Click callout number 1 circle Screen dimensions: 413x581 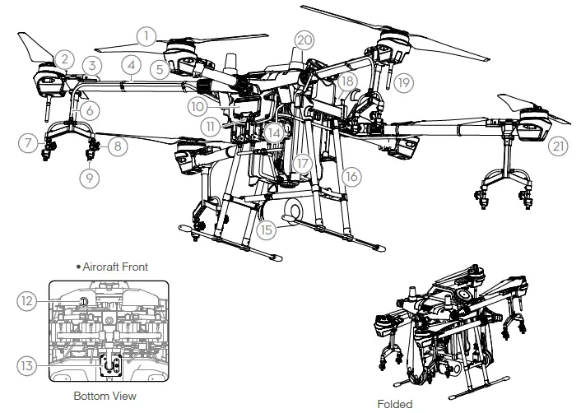pos(146,35)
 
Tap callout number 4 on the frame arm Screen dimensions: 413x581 pos(131,64)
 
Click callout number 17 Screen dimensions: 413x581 pos(304,163)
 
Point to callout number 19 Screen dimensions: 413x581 pos(402,82)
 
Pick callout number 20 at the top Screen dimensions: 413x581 pos(304,40)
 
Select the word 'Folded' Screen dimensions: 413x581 pos(394,404)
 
